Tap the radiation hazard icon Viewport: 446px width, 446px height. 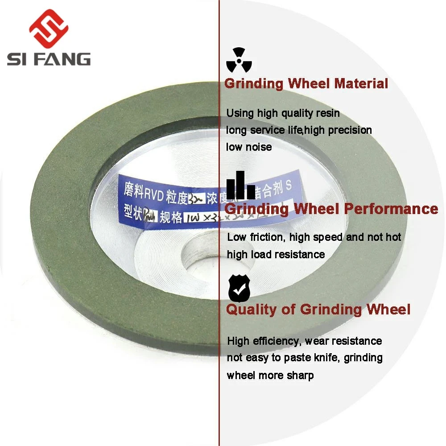coord(239,60)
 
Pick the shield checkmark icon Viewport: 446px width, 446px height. coord(239,288)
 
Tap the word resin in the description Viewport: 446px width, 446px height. coord(327,113)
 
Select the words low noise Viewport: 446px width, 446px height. coord(249,147)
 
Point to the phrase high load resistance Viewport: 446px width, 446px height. coord(276,254)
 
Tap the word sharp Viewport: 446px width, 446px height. coord(300,375)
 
